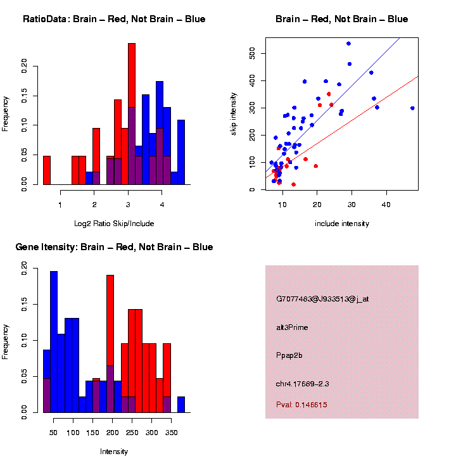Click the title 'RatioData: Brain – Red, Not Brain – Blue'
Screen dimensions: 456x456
pos(114,19)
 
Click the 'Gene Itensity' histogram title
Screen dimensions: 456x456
pos(114,247)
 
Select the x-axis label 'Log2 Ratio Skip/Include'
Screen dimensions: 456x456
pos(114,224)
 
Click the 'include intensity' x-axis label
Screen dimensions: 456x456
pos(341,224)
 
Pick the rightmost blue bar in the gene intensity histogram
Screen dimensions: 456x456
pos(181,405)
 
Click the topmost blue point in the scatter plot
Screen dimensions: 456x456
pos(348,43)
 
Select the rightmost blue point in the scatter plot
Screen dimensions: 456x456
pos(412,108)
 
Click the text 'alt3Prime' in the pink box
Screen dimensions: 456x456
pos(292,327)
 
